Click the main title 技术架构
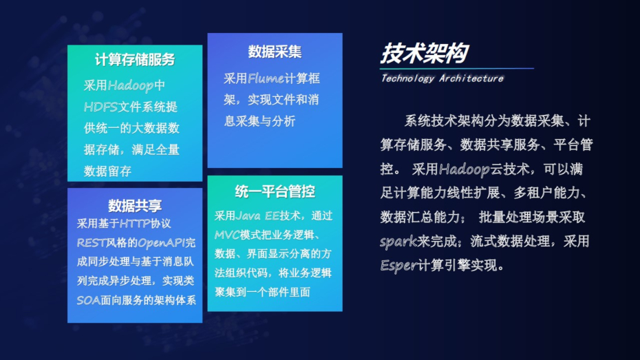point(425,53)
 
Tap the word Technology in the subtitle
point(408,78)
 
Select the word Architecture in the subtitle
point(471,78)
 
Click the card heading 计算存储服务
point(135,60)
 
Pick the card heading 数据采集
point(275,52)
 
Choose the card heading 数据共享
point(135,205)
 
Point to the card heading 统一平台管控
point(275,191)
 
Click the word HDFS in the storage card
point(100,107)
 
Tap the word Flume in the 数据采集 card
point(266,78)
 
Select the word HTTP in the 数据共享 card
point(135,223)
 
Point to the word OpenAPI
point(162,243)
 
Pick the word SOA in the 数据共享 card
point(89,300)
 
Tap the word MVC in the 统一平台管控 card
point(227,235)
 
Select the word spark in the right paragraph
point(398,242)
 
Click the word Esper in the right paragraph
point(398,266)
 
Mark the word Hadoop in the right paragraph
point(465,169)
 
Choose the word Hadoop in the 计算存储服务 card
point(131,86)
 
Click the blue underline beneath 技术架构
point(457,68)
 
